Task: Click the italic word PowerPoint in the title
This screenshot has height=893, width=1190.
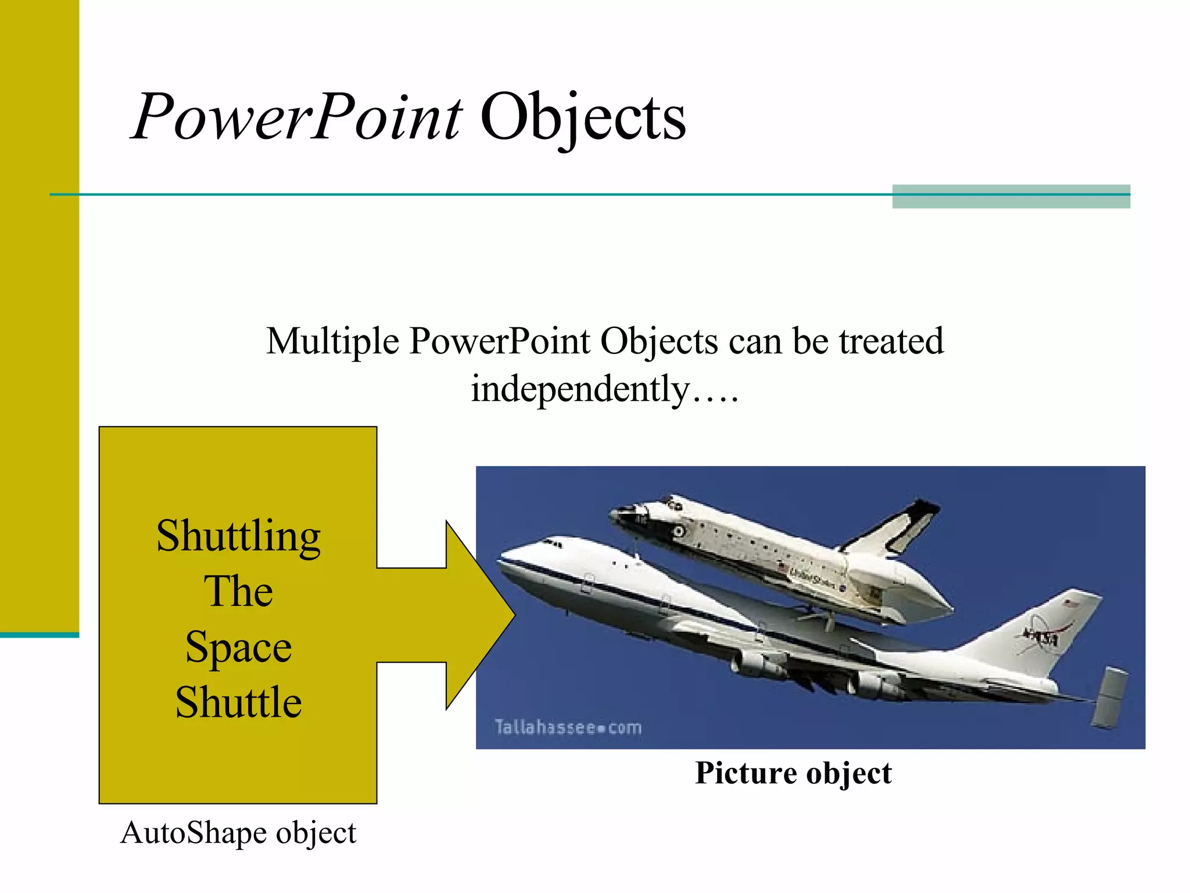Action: coord(296,117)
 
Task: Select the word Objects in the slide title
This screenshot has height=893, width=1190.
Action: coord(583,117)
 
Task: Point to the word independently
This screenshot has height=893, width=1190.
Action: coord(579,389)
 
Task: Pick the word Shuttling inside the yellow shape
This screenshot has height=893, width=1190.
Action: coord(238,536)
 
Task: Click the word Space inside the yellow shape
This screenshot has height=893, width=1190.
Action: coord(238,647)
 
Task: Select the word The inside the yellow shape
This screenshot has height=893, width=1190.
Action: coord(238,592)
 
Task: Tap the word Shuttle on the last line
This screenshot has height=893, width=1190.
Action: coord(238,702)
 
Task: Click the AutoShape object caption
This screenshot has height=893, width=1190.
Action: coord(238,833)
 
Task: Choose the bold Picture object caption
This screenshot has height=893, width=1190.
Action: coord(793,773)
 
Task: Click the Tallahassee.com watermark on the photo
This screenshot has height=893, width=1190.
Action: coord(568,727)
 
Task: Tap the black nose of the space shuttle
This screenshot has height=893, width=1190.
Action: coord(618,515)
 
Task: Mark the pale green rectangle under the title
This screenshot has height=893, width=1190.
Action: coord(1011,197)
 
